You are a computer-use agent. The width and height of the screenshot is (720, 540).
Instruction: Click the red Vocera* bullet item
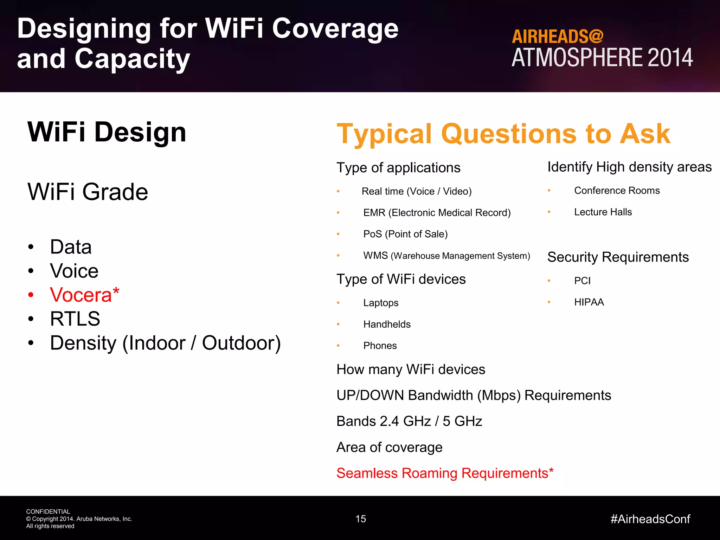84,295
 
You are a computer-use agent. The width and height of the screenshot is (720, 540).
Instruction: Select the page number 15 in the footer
361,519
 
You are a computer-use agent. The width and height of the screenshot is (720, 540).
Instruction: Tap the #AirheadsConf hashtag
650,519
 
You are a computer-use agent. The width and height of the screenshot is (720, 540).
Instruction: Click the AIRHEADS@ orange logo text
557,37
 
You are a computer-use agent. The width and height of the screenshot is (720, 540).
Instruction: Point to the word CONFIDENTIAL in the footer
48,512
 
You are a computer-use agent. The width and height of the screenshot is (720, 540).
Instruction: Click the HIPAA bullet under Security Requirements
589,302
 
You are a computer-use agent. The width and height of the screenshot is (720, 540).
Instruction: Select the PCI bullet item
582,281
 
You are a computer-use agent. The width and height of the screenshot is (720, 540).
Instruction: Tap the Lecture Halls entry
603,212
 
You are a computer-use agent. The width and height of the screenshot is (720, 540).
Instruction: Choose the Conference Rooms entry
617,191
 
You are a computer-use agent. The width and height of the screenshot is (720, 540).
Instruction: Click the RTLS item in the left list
75,319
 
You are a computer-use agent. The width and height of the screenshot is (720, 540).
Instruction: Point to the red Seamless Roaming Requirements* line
445,473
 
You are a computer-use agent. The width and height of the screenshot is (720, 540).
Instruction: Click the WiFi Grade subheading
88,192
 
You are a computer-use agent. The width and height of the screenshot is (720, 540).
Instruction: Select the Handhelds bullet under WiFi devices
387,324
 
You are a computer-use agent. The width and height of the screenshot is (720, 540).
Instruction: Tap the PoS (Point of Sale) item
405,234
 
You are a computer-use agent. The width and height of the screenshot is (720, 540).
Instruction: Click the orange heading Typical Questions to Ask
503,134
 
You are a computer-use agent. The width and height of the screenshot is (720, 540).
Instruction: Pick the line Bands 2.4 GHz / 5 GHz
409,421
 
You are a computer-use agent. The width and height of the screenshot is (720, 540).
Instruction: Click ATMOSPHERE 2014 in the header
602,58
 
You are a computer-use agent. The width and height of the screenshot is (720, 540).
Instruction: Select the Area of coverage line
389,447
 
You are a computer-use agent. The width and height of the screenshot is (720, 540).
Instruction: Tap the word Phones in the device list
380,346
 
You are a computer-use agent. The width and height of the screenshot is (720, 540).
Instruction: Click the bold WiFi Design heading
107,132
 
